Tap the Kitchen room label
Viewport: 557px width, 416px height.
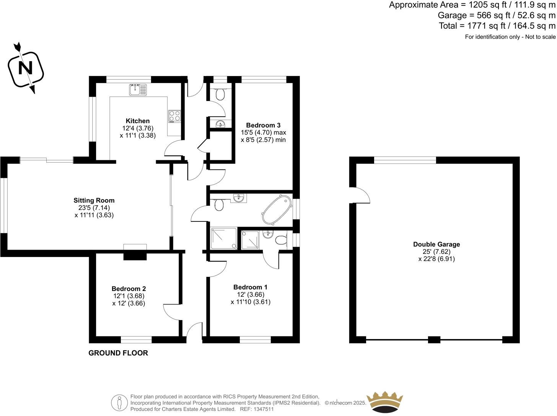(x=138, y=121)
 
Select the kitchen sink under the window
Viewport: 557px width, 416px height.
(x=137, y=90)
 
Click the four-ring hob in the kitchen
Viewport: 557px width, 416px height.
(x=174, y=116)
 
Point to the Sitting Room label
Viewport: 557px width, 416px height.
(x=94, y=200)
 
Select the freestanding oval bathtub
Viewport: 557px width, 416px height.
(x=277, y=210)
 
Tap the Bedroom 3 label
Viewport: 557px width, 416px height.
(x=263, y=125)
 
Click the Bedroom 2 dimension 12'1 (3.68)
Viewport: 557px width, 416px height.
(x=129, y=296)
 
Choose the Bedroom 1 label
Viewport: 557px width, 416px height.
(x=251, y=287)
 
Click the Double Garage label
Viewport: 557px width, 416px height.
(x=436, y=244)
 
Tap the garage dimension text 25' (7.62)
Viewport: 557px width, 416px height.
(x=436, y=252)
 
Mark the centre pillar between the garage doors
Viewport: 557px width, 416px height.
(x=434, y=340)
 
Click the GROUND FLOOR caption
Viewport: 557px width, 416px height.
(x=118, y=353)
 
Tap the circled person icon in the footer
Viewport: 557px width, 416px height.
(x=119, y=403)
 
